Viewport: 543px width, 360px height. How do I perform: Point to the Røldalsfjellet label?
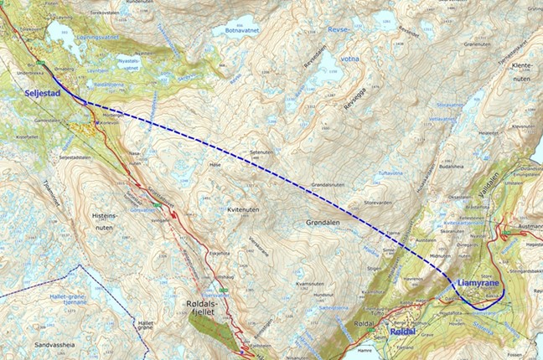click(204, 310)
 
